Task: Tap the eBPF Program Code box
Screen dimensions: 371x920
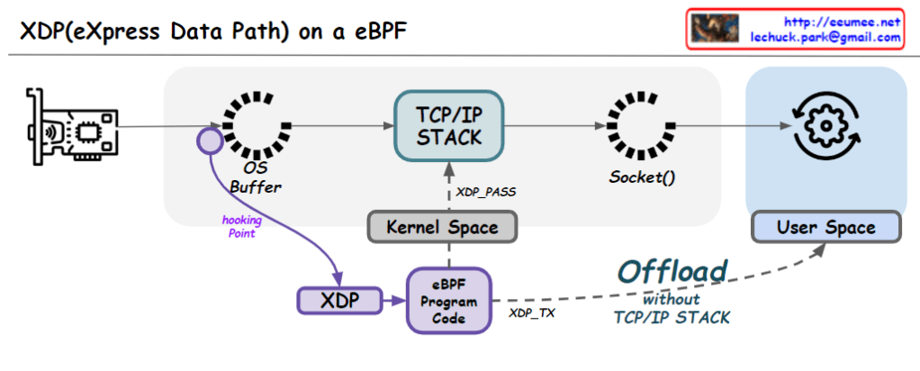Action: pyautogui.click(x=449, y=299)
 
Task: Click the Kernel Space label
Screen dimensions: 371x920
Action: pyautogui.click(x=443, y=227)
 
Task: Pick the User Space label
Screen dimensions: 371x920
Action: pyautogui.click(x=826, y=227)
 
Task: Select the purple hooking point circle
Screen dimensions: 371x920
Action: pyautogui.click(x=210, y=140)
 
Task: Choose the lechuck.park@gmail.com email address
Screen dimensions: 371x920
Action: pyautogui.click(x=825, y=38)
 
